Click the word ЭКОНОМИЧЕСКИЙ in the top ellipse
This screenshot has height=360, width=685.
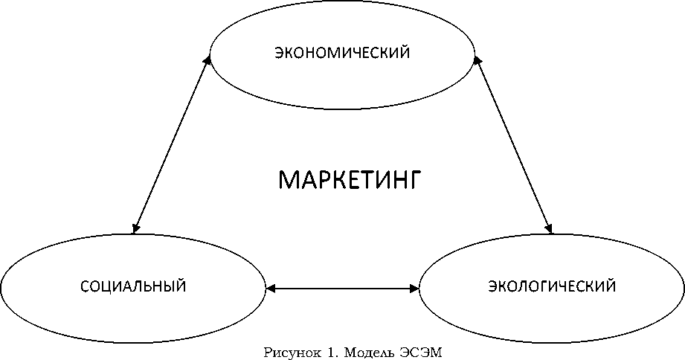coord(343,54)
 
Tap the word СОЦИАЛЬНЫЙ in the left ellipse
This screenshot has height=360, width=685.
coord(132,286)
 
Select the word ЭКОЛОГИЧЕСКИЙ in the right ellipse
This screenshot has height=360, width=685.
coord(552,286)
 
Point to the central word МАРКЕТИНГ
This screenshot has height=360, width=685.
coord(350,180)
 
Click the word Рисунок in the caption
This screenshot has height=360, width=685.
coord(290,352)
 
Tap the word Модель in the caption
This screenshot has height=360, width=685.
coord(360,352)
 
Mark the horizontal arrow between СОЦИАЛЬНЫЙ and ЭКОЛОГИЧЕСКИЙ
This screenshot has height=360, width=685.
coord(342,286)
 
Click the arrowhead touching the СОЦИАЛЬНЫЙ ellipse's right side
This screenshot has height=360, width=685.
coord(270,286)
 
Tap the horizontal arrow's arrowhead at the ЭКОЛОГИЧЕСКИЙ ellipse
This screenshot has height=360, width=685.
coord(415,286)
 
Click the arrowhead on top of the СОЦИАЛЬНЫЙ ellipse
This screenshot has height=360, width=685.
coord(135,228)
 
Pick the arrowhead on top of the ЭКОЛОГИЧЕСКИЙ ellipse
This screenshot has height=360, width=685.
coord(549,228)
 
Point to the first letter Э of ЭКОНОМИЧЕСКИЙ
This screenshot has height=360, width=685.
coord(278,54)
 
